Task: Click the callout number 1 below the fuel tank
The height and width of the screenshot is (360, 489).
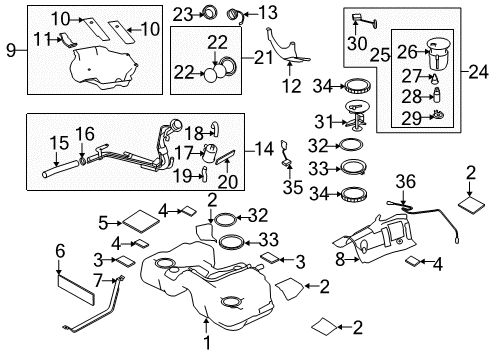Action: [x=207, y=342]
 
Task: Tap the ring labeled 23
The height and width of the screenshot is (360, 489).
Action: [x=209, y=12]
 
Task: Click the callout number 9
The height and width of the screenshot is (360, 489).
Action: [x=11, y=50]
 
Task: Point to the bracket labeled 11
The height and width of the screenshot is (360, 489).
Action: [x=69, y=40]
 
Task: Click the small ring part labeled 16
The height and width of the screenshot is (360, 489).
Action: [x=82, y=162]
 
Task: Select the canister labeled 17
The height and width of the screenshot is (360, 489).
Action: [x=209, y=153]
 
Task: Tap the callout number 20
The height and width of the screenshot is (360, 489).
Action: [x=228, y=181]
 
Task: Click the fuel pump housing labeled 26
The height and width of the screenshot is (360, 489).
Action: [x=438, y=53]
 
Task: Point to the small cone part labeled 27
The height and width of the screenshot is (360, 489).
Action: [x=435, y=78]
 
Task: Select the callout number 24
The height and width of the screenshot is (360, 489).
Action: [x=478, y=72]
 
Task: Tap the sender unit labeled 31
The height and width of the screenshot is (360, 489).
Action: [x=356, y=115]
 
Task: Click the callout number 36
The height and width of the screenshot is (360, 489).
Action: [x=406, y=182]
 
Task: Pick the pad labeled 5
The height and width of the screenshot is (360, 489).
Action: [x=141, y=221]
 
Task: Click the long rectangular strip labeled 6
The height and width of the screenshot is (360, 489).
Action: [x=76, y=289]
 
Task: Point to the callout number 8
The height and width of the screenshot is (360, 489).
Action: [x=339, y=259]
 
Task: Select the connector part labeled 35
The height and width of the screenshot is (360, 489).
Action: [x=286, y=153]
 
